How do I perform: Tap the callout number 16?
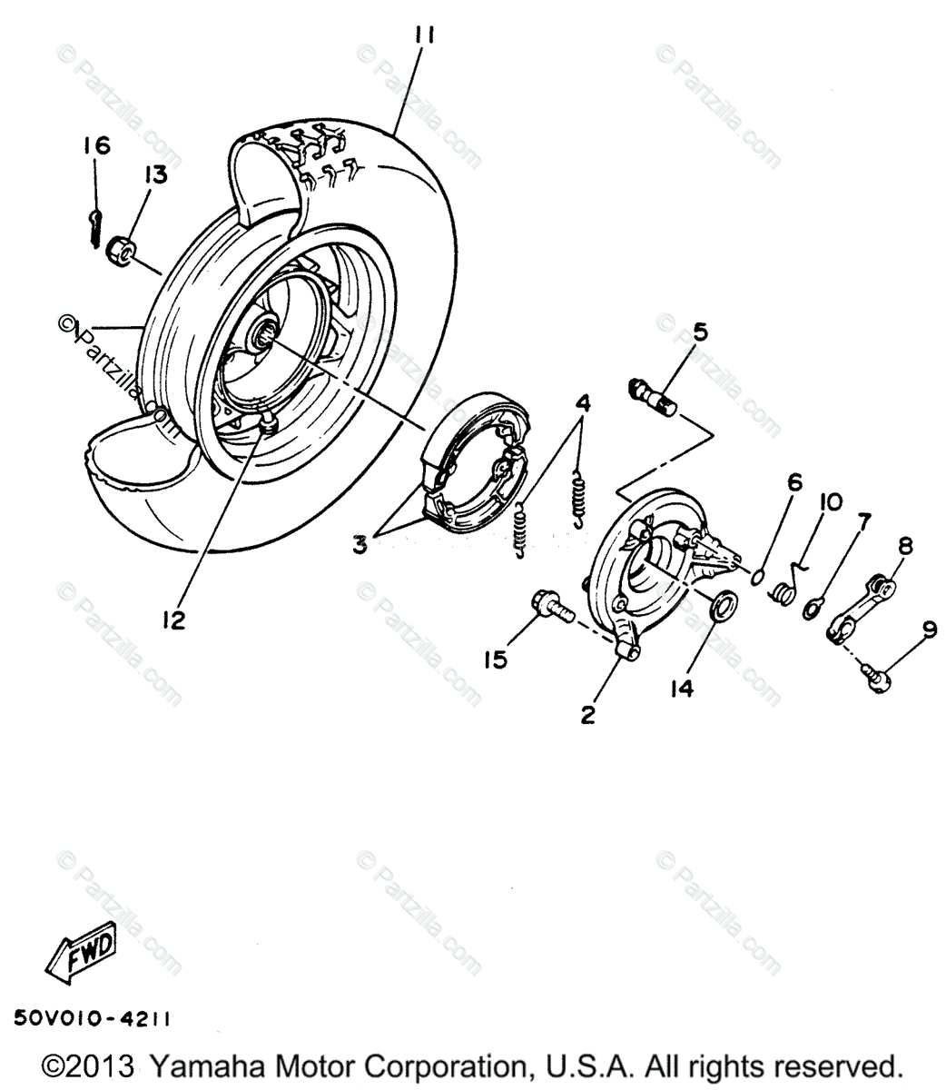[x=96, y=145]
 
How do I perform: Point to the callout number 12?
[x=174, y=619]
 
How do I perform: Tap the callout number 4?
[x=581, y=402]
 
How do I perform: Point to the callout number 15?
[x=496, y=660]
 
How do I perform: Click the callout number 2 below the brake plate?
[x=587, y=715]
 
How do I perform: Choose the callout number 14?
[x=683, y=689]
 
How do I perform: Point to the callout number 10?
[x=830, y=502]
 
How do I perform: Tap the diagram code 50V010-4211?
[x=92, y=1020]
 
